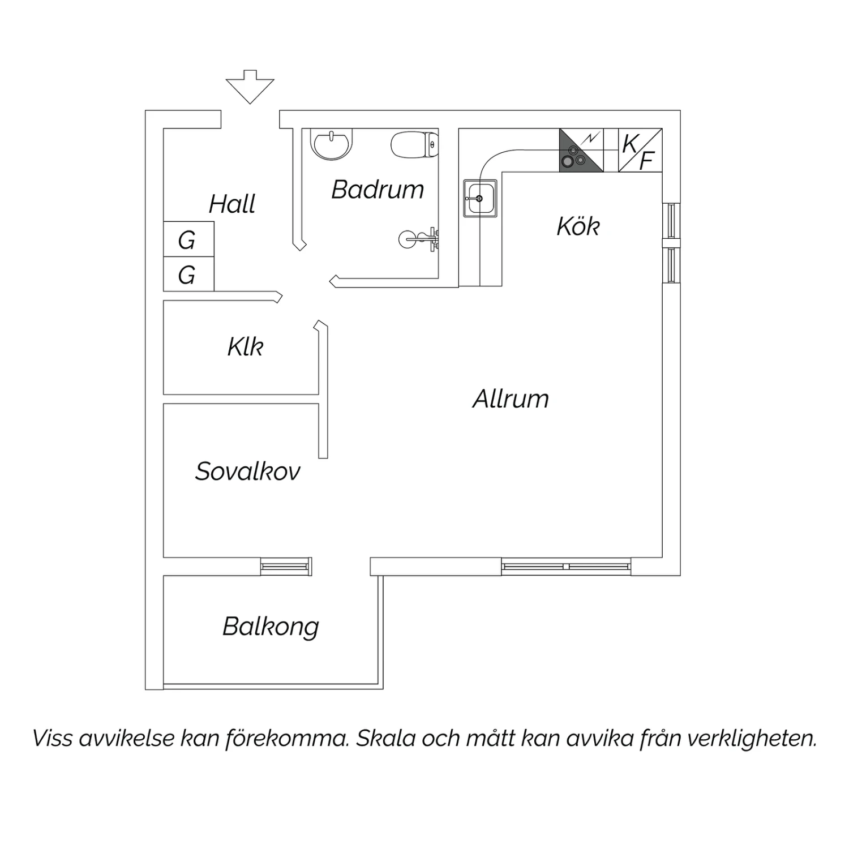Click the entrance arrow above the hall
click(250, 87)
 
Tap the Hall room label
click(232, 204)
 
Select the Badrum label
click(378, 189)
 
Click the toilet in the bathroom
click(415, 145)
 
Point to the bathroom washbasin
click(332, 144)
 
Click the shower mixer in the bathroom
click(419, 239)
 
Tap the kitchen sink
click(481, 198)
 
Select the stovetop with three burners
click(581, 150)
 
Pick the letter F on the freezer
click(647, 161)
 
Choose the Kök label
click(578, 226)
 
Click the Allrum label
click(511, 398)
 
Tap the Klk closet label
click(246, 346)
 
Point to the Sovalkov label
click(247, 471)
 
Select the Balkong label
click(271, 627)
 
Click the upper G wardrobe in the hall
click(188, 239)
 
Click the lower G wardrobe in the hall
click(188, 274)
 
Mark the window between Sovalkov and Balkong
click(286, 567)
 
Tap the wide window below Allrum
click(566, 567)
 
